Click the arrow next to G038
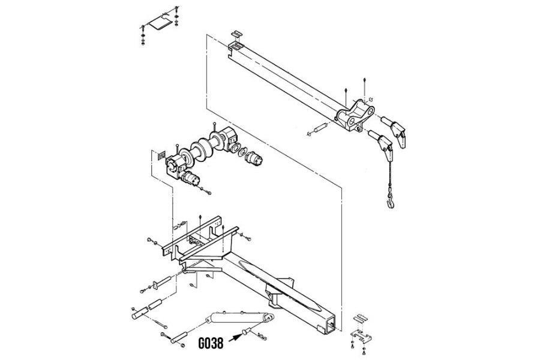(233, 340)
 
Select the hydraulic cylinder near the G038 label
(238, 319)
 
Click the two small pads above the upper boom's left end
(238, 38)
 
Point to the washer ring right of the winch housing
(241, 154)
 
